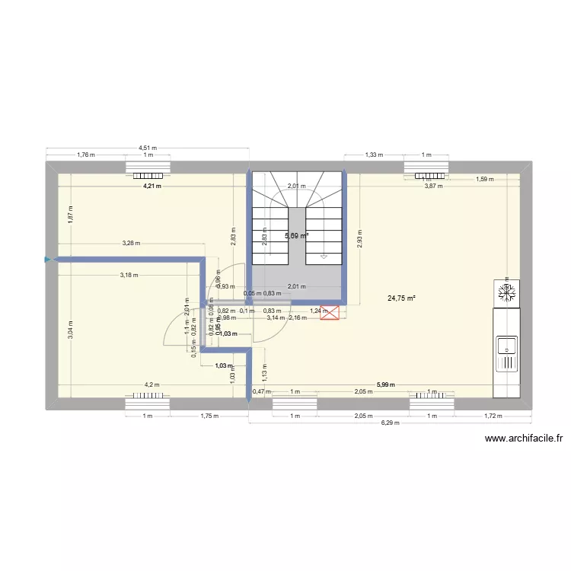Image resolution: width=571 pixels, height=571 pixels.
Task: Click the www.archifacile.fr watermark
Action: [x=523, y=438]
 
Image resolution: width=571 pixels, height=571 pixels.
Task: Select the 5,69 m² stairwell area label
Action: [x=296, y=236]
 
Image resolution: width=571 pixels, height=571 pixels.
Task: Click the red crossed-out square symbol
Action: [x=330, y=312]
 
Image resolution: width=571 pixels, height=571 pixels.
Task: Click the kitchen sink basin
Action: [x=506, y=347]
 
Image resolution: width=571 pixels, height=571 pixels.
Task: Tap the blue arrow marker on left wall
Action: [x=48, y=260]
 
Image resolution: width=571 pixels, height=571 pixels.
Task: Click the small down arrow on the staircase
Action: [x=324, y=257]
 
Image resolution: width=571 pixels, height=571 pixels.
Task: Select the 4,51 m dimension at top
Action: [x=148, y=148]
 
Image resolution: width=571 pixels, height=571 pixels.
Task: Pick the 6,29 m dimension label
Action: [x=390, y=423]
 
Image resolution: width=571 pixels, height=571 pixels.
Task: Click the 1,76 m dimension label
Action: [x=85, y=155]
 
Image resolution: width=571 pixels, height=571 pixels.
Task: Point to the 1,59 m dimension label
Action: [x=485, y=180]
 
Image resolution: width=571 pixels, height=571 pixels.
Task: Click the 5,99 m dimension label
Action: [x=386, y=385]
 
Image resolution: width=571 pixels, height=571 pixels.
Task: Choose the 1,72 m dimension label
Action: [x=493, y=416]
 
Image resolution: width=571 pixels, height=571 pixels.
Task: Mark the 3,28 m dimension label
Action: [x=131, y=244]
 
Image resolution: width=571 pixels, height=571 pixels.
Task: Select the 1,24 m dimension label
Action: [x=318, y=311]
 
